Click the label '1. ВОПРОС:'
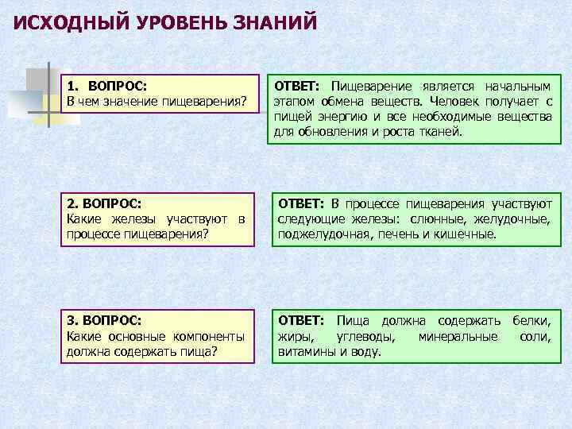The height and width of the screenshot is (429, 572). coord(112,86)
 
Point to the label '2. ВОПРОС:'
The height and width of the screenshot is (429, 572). coord(104,204)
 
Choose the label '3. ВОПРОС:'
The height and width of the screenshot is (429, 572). coord(104,320)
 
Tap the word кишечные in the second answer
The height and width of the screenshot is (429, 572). coord(466,234)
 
